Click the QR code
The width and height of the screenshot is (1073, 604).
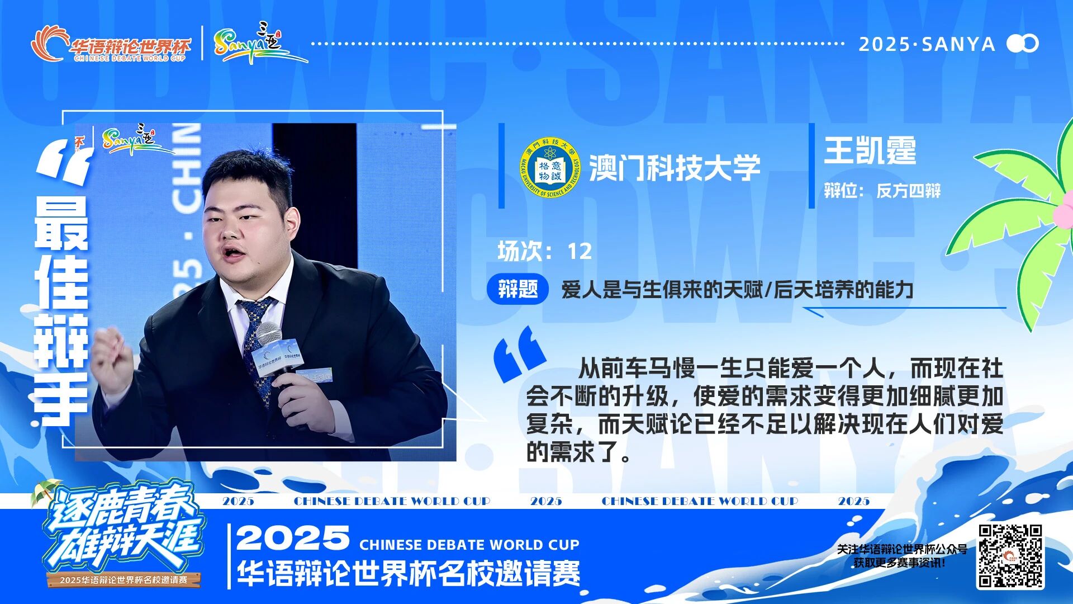1010,556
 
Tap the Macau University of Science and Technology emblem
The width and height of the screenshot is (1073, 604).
550,167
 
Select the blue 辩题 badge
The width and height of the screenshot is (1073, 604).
517,289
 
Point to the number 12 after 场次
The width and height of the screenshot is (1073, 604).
580,252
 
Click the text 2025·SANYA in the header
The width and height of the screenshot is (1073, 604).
927,44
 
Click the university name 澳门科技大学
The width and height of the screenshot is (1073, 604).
675,168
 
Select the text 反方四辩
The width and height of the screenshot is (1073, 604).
909,191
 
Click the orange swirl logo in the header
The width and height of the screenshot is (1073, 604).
48,44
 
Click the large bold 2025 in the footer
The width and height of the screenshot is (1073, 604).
293,537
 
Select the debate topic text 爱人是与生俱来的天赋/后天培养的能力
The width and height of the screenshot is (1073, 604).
737,290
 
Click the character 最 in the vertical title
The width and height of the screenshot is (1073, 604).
61,223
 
